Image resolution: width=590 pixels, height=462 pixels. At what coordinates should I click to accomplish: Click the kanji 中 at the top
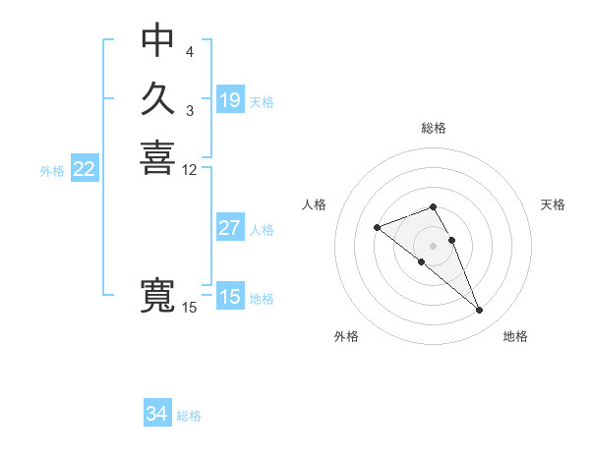click(x=157, y=41)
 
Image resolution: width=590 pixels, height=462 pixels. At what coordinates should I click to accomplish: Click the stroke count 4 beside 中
click(x=190, y=51)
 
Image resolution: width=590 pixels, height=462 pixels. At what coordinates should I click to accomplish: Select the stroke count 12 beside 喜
click(x=190, y=169)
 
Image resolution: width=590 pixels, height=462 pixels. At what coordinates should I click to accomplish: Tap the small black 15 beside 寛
click(x=190, y=308)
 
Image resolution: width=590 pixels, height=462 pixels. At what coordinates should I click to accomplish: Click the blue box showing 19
click(x=230, y=100)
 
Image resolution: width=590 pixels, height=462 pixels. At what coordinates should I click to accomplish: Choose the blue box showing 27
click(x=230, y=228)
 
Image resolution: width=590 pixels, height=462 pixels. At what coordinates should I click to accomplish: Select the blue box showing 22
click(x=85, y=169)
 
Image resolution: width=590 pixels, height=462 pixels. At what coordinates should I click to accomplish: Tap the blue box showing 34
click(x=157, y=414)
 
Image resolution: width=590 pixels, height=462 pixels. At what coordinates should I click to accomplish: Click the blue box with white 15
click(x=230, y=297)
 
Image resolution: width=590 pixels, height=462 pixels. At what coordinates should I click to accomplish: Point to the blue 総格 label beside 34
click(x=189, y=416)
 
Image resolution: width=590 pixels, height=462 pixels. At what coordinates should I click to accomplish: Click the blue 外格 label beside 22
click(x=52, y=171)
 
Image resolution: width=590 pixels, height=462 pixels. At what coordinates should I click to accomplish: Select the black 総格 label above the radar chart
click(x=434, y=128)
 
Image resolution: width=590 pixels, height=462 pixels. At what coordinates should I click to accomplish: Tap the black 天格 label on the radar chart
click(x=553, y=204)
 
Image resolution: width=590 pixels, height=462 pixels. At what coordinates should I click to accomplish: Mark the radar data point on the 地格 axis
click(x=480, y=311)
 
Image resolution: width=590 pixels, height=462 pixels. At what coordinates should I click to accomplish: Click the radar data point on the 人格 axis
click(x=377, y=228)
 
